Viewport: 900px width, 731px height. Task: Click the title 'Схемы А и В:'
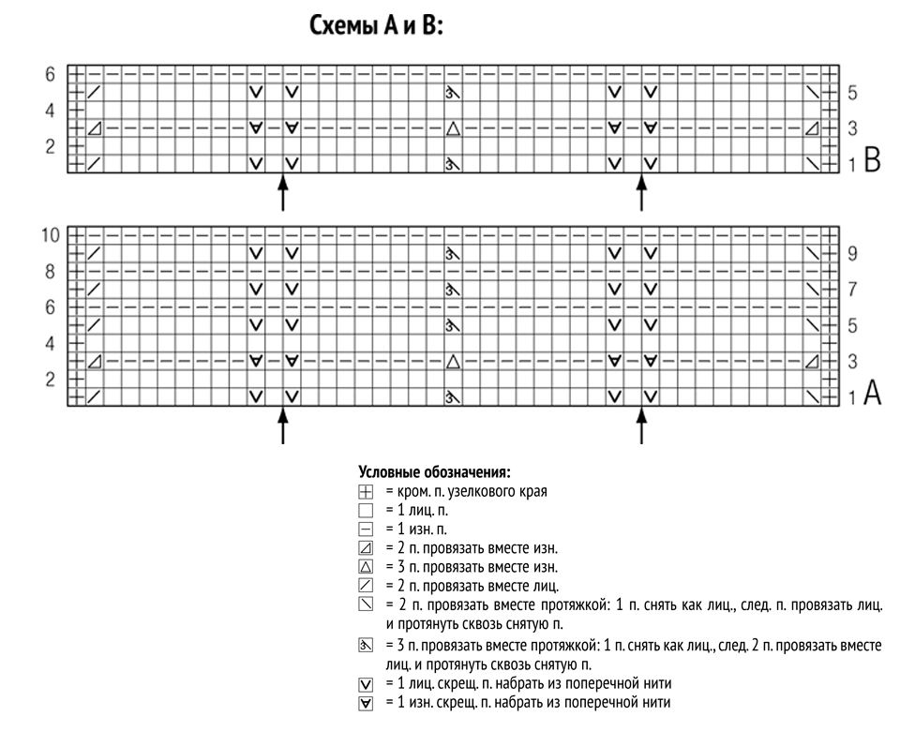tap(377, 26)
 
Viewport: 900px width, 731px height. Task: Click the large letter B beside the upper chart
tap(872, 160)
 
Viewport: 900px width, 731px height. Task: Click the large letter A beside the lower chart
tap(872, 393)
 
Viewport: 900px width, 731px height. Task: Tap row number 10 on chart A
tap(51, 235)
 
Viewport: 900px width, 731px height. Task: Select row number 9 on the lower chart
tap(852, 254)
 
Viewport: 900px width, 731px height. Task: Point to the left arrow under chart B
tap(282, 193)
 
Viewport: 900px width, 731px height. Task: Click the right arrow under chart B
tap(641, 193)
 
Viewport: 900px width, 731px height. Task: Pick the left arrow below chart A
tap(282, 425)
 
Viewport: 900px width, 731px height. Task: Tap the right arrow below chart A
tap(641, 425)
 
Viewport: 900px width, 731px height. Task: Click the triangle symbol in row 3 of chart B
tap(453, 128)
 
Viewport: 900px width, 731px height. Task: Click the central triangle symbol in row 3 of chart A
tap(453, 362)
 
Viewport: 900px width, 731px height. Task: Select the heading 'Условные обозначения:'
tap(434, 472)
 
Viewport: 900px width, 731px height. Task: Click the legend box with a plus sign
tap(366, 492)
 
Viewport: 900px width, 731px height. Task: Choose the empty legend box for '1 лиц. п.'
tap(366, 511)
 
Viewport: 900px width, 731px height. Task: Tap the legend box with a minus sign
tap(366, 529)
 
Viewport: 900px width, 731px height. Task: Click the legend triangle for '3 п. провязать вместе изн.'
tap(366, 567)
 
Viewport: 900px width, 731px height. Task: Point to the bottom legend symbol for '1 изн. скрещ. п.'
tap(366, 704)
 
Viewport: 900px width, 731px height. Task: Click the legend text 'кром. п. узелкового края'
tap(472, 492)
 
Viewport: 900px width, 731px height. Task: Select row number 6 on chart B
tap(51, 75)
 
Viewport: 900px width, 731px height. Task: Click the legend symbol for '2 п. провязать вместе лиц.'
tap(366, 586)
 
